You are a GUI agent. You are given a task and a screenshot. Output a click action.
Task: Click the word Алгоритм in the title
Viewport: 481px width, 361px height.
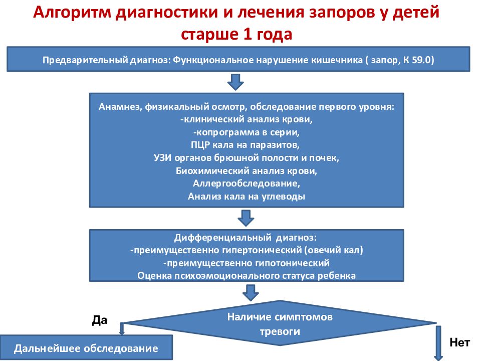pos(72,12)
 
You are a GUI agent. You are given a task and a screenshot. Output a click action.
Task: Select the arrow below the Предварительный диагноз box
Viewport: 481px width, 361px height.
pos(235,82)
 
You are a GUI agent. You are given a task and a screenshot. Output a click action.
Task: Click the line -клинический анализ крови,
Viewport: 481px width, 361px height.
pos(247,119)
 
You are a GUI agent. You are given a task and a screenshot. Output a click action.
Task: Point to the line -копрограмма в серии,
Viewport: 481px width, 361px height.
pos(247,132)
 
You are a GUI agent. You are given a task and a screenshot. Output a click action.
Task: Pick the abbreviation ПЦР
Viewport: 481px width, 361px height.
pos(200,145)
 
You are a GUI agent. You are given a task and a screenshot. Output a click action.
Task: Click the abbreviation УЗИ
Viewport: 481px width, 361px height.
pos(162,158)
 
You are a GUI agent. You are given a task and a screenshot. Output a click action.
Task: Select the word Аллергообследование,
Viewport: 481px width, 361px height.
pos(247,184)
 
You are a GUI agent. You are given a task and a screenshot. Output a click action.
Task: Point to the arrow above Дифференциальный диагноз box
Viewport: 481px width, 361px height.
pos(246,218)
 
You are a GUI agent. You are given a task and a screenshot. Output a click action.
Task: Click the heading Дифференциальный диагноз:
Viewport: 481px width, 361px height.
pos(246,238)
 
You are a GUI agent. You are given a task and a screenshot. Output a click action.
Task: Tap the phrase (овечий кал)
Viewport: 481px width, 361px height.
pos(334,250)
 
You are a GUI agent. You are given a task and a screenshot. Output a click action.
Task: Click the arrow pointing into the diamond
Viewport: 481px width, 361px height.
pos(251,293)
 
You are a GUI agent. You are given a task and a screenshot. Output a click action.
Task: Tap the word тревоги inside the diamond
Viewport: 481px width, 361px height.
pos(280,331)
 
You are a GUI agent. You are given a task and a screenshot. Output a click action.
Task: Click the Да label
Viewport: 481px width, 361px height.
pos(100,320)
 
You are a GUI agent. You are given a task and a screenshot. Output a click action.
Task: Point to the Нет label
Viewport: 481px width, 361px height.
pos(459,342)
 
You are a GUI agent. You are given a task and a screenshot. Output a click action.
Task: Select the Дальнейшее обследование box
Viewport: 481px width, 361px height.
pos(86,348)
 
